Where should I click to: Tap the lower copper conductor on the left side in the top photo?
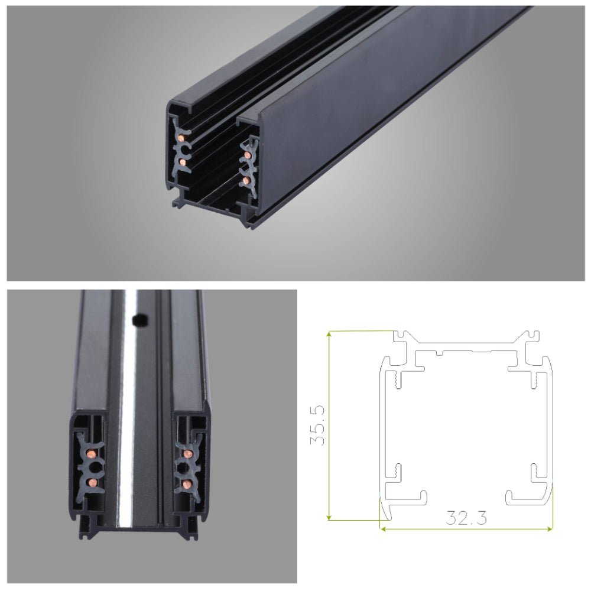(x=182, y=161)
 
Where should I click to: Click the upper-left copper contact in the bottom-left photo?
(x=92, y=454)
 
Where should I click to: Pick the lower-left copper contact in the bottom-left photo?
(x=92, y=482)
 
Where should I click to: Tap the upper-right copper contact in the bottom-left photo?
(x=187, y=454)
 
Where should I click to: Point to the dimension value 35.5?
(x=318, y=426)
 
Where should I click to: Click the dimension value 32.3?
(x=466, y=518)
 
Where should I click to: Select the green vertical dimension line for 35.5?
(x=329, y=426)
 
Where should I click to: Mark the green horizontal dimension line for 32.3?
(x=466, y=528)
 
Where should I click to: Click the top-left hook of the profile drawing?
(x=402, y=336)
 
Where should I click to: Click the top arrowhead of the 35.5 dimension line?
(x=329, y=334)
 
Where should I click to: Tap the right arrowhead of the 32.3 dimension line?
(x=550, y=528)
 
